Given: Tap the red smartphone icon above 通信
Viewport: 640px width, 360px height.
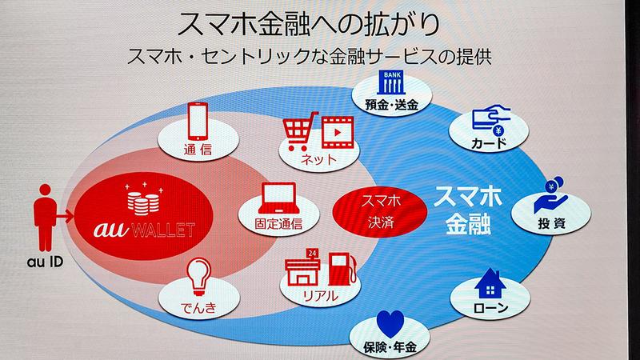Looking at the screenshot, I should tap(201, 122).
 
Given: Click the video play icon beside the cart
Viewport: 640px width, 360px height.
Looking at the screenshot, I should tap(334, 130).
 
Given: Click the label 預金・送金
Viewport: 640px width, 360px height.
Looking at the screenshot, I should tap(392, 104).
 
